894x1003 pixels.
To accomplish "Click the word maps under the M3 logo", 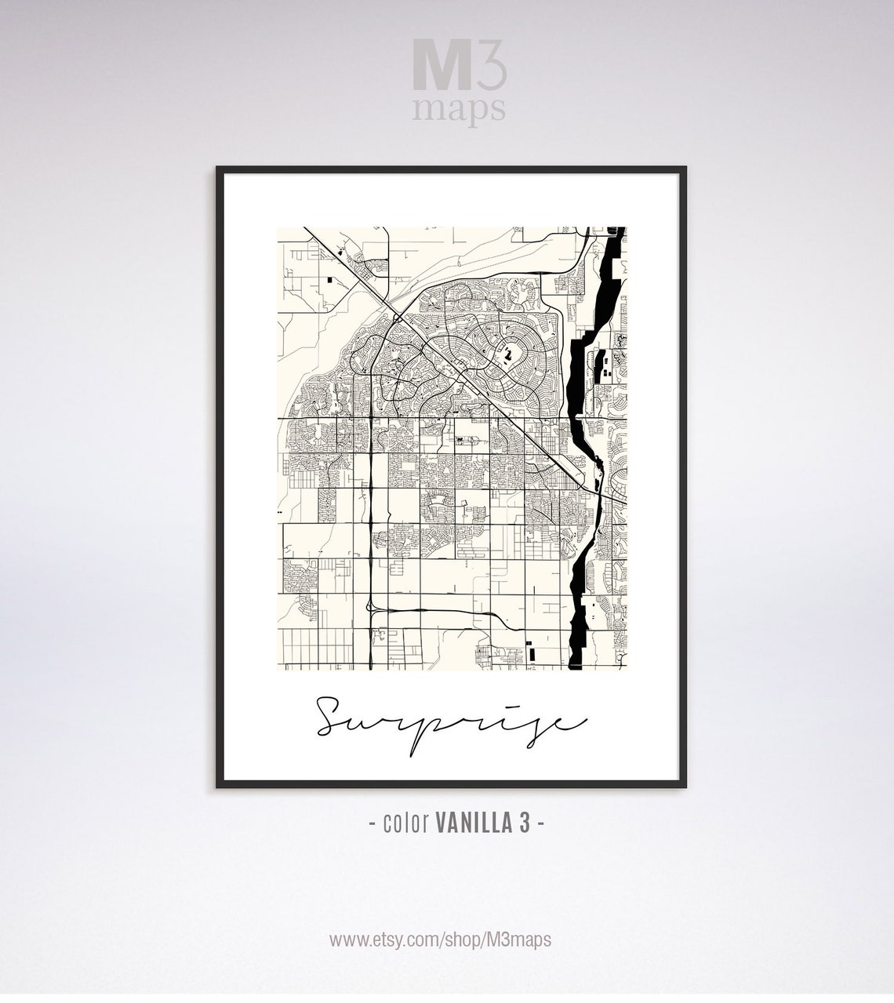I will point(459,109).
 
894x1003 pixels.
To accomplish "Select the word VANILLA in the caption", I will point(473,823).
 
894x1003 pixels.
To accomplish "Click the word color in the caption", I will point(405,823).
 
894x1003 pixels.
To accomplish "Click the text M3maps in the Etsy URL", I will point(525,939).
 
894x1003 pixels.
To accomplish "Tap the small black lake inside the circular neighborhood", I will point(508,357).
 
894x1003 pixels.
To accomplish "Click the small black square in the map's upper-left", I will point(329,278).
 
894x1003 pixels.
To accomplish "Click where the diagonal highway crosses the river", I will point(594,489).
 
